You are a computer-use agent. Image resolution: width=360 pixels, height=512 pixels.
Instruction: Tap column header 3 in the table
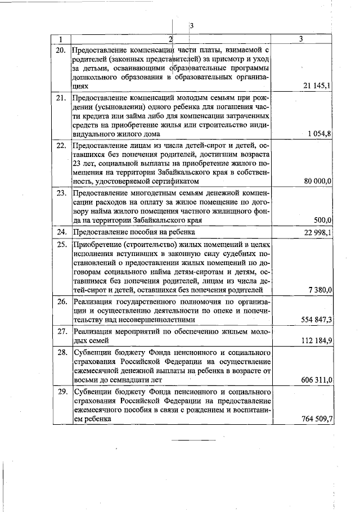pos(302,39)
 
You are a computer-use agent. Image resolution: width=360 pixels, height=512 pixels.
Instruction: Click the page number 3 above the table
pos(191,26)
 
